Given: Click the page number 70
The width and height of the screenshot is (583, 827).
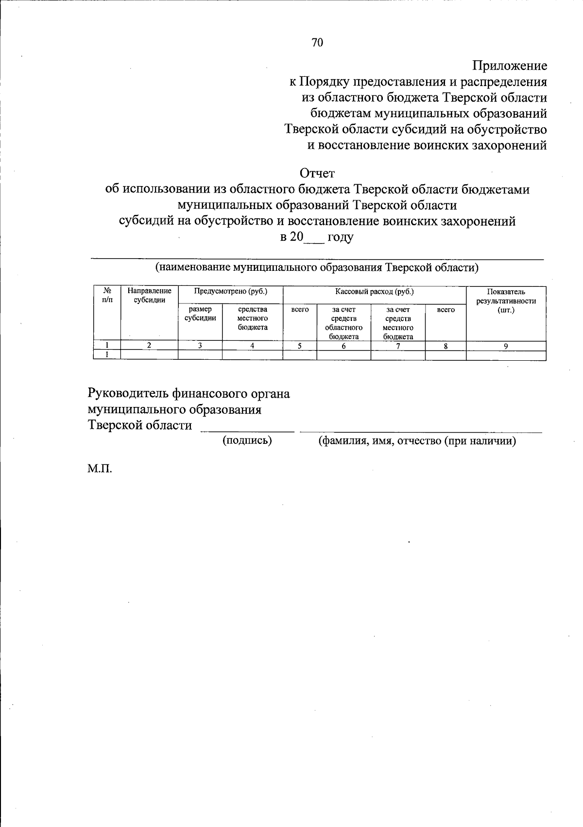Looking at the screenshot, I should [317, 43].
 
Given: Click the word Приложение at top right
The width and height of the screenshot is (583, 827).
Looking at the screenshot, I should [510, 66].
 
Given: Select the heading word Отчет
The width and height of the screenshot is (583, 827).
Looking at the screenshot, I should [317, 173].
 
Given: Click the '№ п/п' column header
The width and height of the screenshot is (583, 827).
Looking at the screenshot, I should [107, 296].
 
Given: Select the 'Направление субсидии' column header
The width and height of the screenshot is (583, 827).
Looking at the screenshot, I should [149, 296].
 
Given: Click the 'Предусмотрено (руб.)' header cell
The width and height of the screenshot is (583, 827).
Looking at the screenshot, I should [231, 292].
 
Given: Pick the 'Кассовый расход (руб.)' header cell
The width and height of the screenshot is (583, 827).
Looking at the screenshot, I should [374, 292].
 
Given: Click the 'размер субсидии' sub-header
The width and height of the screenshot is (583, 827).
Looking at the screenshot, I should [200, 314].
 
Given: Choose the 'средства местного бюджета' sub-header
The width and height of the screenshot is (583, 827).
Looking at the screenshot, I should [253, 318].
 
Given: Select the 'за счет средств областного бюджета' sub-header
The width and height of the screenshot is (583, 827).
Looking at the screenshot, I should [343, 322].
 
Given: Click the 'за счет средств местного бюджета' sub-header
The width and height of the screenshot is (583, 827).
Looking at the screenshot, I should [398, 322].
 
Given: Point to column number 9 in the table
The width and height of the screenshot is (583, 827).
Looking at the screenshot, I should [506, 346].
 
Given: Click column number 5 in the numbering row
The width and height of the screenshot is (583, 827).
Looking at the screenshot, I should [300, 346].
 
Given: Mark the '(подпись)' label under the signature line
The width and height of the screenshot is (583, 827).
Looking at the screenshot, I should [247, 441].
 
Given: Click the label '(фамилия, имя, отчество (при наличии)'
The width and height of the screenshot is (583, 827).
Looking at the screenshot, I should [417, 441].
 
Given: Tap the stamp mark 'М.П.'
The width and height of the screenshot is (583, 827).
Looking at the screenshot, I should [100, 470].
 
